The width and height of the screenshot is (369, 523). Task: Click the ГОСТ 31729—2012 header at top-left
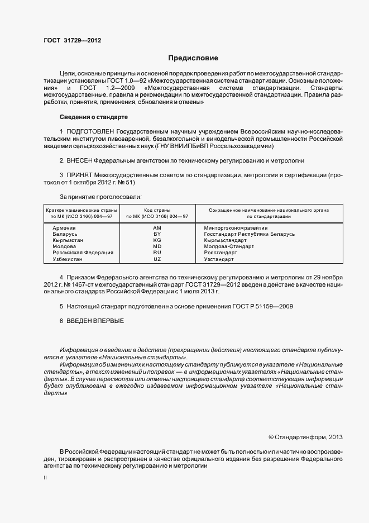tap(72, 41)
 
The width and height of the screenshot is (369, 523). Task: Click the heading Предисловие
tap(194, 58)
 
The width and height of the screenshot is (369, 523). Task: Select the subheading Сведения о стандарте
tap(94, 117)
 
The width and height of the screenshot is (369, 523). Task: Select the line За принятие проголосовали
tap(100, 197)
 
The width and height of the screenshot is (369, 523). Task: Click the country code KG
tap(157, 240)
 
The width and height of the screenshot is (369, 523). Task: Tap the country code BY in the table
tap(157, 234)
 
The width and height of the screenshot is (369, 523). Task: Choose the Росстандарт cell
tap(222, 253)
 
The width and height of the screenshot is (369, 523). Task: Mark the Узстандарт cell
tap(219, 259)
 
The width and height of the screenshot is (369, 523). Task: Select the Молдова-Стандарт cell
tap(229, 246)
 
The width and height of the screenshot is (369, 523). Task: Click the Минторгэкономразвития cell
tap(236, 228)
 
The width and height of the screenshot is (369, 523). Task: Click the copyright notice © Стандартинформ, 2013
tap(306, 437)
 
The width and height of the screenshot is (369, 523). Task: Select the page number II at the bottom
tap(45, 478)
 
